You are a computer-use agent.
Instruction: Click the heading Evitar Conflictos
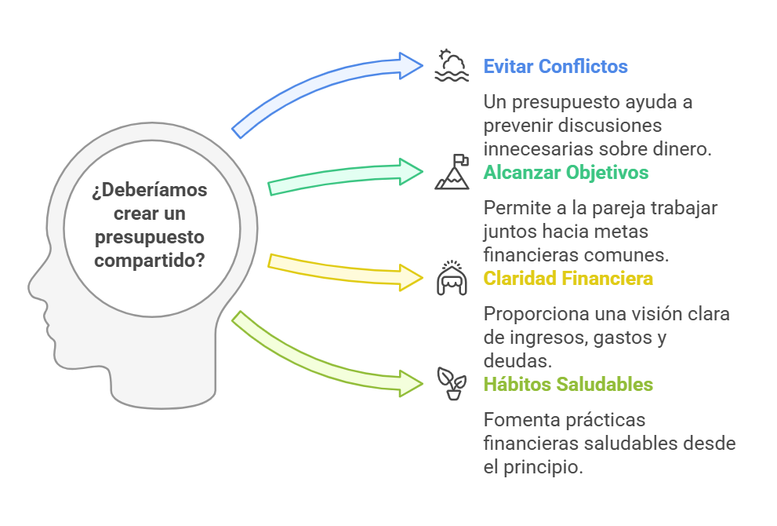click(555, 66)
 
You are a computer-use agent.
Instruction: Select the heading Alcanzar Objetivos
click(565, 172)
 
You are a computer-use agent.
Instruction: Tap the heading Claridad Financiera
click(568, 279)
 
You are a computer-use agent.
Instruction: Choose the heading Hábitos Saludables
click(568, 385)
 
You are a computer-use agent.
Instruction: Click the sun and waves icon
click(452, 66)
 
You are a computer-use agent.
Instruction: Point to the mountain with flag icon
click(452, 173)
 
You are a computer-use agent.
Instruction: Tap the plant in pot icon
click(452, 384)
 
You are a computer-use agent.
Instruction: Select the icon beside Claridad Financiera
click(452, 279)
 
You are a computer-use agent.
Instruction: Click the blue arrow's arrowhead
click(411, 66)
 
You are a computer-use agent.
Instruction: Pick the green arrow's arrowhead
click(411, 172)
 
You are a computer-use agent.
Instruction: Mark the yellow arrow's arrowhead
click(411, 278)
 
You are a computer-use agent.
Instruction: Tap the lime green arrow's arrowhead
click(411, 383)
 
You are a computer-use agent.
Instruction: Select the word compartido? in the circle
click(149, 259)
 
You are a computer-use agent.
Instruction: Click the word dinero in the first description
click(682, 148)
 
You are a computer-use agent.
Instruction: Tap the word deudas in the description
click(510, 360)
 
